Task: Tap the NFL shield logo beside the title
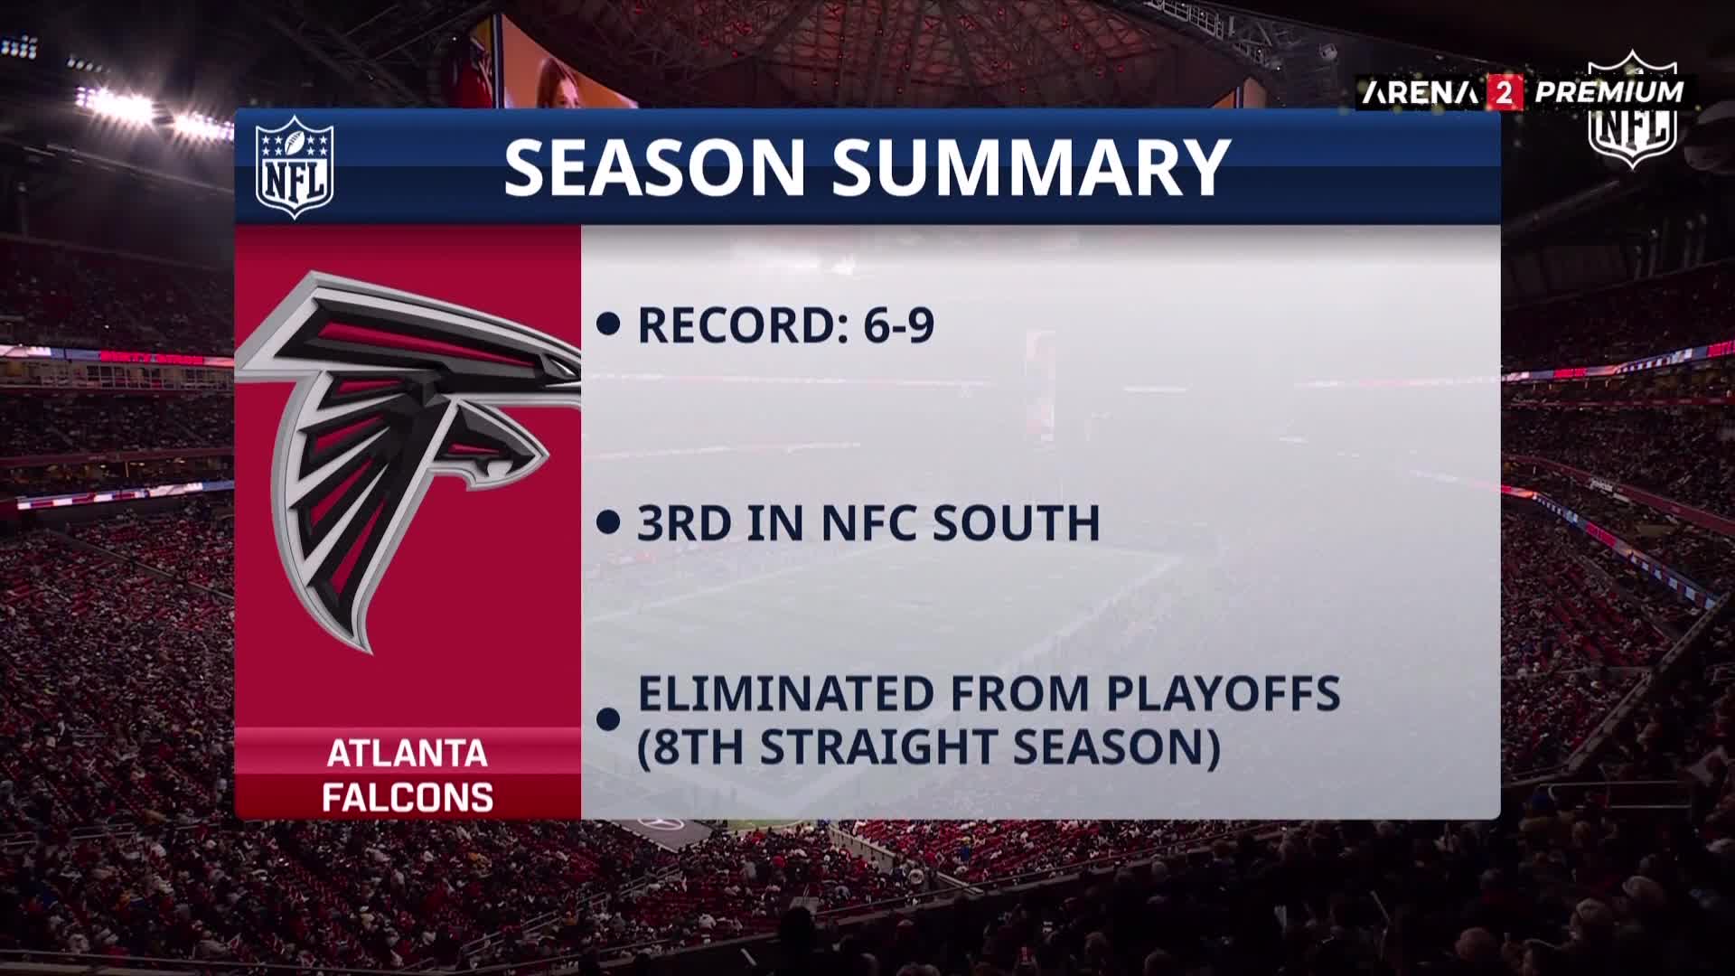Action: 295,167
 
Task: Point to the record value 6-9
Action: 898,325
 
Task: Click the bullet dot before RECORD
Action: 609,325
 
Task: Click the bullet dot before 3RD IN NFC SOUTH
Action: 609,522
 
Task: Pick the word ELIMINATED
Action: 786,693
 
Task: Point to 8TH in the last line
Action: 698,747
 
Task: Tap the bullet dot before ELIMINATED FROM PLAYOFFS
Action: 609,719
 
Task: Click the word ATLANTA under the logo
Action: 408,754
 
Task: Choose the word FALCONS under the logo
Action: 408,798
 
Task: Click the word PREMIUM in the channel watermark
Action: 1609,92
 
